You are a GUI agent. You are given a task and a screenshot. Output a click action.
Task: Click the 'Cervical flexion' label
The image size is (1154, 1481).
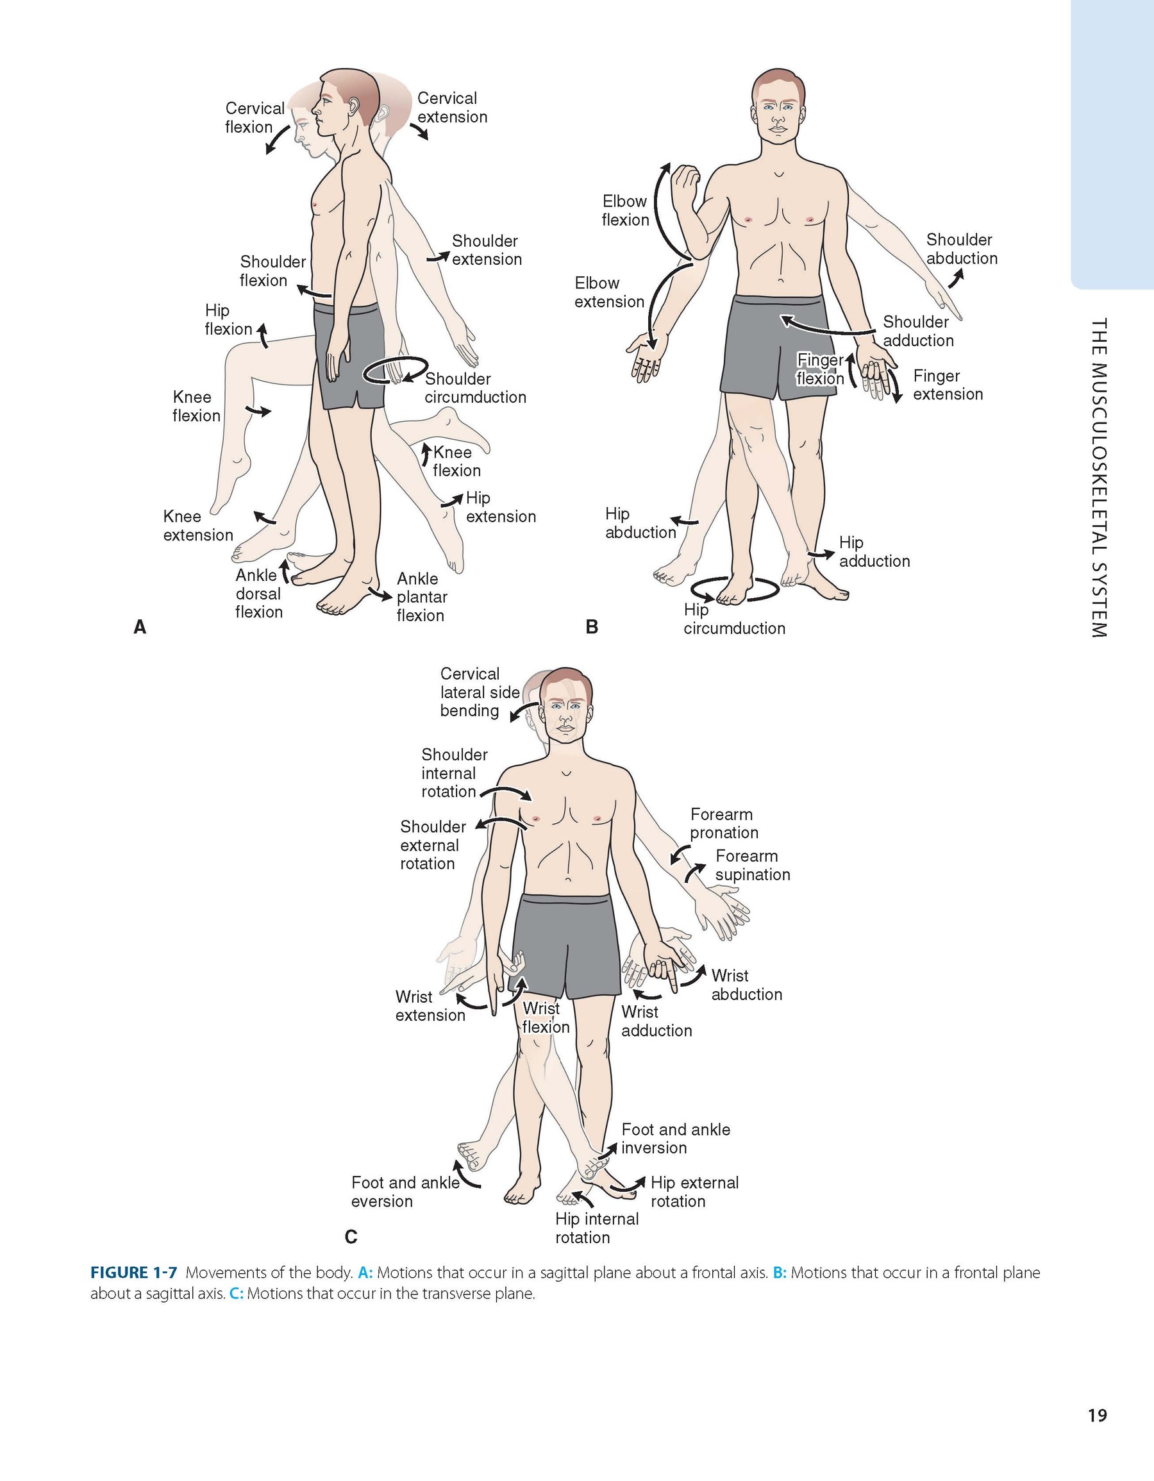[255, 117]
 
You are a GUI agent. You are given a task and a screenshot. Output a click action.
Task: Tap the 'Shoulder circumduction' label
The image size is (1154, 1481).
[474, 388]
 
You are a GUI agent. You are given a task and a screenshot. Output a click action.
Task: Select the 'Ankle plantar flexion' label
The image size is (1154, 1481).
[422, 597]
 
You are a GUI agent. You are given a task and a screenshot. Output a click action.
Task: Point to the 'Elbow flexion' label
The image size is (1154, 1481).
[624, 210]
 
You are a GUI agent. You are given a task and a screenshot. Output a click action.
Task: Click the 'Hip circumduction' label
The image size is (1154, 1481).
[733, 619]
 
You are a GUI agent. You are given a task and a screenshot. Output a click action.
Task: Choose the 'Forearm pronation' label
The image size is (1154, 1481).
[723, 823]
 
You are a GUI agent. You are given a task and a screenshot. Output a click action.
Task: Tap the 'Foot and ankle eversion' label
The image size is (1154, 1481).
[405, 1191]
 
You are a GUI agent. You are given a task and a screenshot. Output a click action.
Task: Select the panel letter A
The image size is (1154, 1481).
[140, 627]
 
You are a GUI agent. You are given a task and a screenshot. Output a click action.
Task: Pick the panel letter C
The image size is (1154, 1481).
[351, 1237]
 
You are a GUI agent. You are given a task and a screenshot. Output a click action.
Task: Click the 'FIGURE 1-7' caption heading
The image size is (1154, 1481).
[133, 1273]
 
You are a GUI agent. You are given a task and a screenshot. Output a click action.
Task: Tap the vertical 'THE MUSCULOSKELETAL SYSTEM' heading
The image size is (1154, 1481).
[1099, 478]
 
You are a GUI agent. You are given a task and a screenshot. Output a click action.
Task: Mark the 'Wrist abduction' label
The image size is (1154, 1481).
[746, 985]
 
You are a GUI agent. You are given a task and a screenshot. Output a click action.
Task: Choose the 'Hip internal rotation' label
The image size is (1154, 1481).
[596, 1228]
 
